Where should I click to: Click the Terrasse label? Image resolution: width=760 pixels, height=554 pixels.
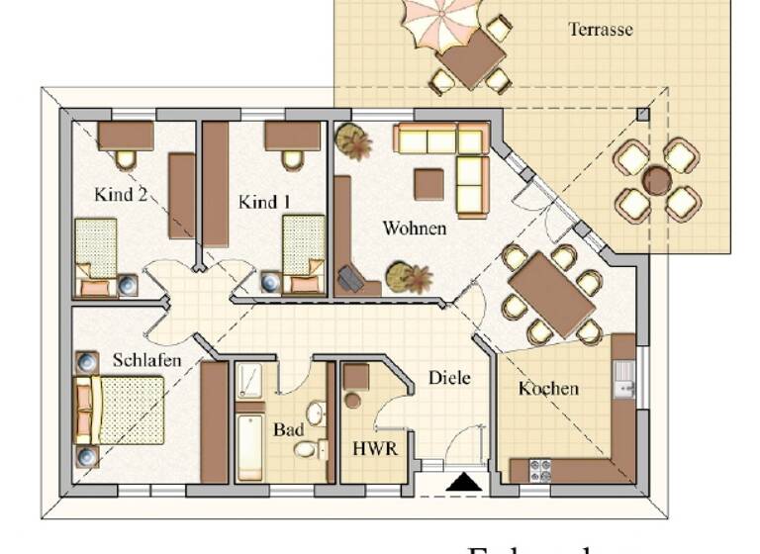600,30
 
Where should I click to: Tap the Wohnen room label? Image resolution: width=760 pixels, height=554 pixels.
414,229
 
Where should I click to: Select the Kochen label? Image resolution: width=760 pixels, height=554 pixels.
548,389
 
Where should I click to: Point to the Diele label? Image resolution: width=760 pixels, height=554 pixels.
448,378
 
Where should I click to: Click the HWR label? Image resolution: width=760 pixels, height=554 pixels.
375,448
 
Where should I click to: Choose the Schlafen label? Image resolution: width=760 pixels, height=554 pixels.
146,360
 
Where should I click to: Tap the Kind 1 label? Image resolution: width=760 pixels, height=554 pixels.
264,202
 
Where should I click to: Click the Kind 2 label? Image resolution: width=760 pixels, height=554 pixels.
121,194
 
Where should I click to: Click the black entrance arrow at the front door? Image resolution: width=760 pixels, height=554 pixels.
462,483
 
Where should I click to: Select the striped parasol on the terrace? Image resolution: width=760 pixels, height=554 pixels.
440,22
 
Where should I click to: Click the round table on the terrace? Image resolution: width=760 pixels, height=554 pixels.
657,180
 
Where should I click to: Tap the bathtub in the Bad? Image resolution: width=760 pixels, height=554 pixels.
249,446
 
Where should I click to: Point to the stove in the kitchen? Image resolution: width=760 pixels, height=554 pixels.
540,470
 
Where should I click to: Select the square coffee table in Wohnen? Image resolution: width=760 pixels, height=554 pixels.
428,185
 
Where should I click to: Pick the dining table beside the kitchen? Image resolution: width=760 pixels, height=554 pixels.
550,294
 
